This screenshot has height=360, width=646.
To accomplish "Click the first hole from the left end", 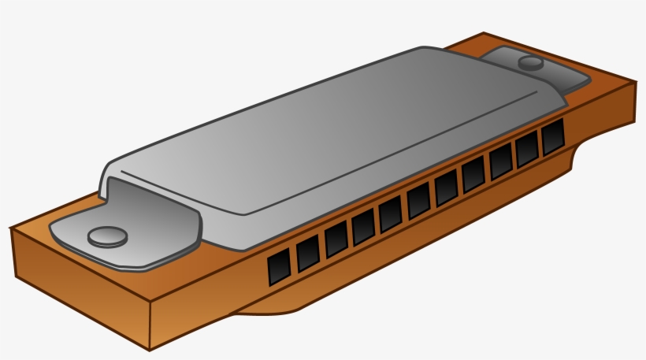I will (x=279, y=268).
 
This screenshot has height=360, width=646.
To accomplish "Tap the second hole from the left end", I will (x=308, y=253).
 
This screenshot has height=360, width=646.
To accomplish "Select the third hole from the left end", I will (x=336, y=239).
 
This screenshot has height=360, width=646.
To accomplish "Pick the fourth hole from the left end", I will (x=363, y=227).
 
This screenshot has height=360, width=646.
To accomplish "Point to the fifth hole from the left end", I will (x=391, y=213).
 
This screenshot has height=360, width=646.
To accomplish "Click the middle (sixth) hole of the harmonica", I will (x=418, y=201).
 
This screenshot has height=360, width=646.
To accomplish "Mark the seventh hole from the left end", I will (x=446, y=187).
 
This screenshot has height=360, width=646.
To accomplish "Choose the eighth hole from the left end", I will (x=473, y=175).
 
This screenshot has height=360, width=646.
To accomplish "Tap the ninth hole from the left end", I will (x=501, y=162).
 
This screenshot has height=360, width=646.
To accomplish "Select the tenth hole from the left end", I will (x=527, y=150).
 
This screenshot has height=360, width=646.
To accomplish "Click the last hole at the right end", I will (x=553, y=137).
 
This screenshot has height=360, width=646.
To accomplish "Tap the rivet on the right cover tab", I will (x=532, y=62).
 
